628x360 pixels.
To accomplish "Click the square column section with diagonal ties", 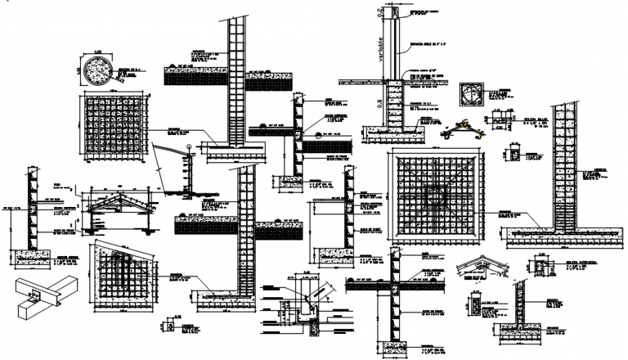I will pos(471,95).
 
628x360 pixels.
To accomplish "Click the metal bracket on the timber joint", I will pos(34,294).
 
